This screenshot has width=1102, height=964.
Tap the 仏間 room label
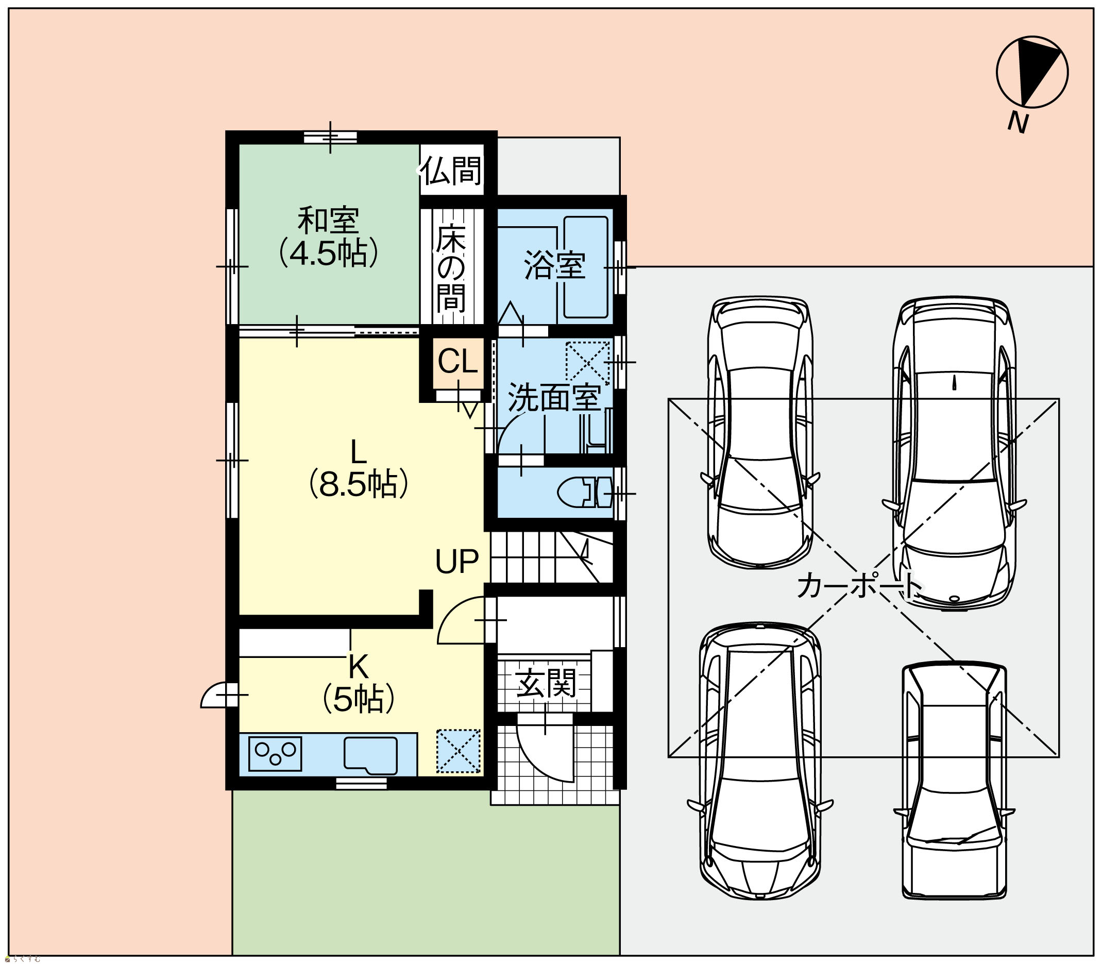[451, 171]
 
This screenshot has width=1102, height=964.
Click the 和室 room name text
[328, 221]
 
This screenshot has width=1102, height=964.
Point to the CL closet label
[457, 362]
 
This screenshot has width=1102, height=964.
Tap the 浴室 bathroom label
[554, 265]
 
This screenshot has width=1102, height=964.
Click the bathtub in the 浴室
[586, 267]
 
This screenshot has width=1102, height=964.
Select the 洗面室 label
[554, 398]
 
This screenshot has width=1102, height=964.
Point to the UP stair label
[456, 562]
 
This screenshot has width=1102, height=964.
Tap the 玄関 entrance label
[546, 683]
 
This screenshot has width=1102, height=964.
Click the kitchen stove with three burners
[275, 754]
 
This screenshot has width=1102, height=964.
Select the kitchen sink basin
[370, 756]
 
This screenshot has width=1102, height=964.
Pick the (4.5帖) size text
[328, 253]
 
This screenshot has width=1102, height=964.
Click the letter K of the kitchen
[358, 668]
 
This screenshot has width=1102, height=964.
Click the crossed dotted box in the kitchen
[458, 752]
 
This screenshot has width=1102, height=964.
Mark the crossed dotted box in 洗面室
[587, 362]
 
